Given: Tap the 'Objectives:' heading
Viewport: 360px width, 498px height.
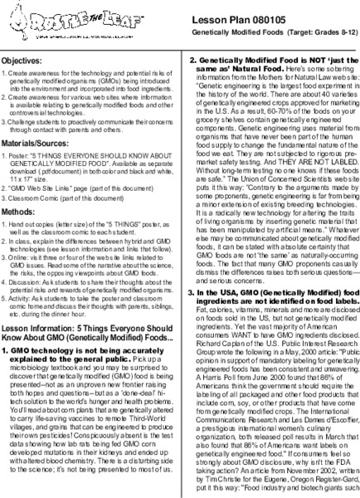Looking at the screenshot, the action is pyautogui.click(x=26, y=61).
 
